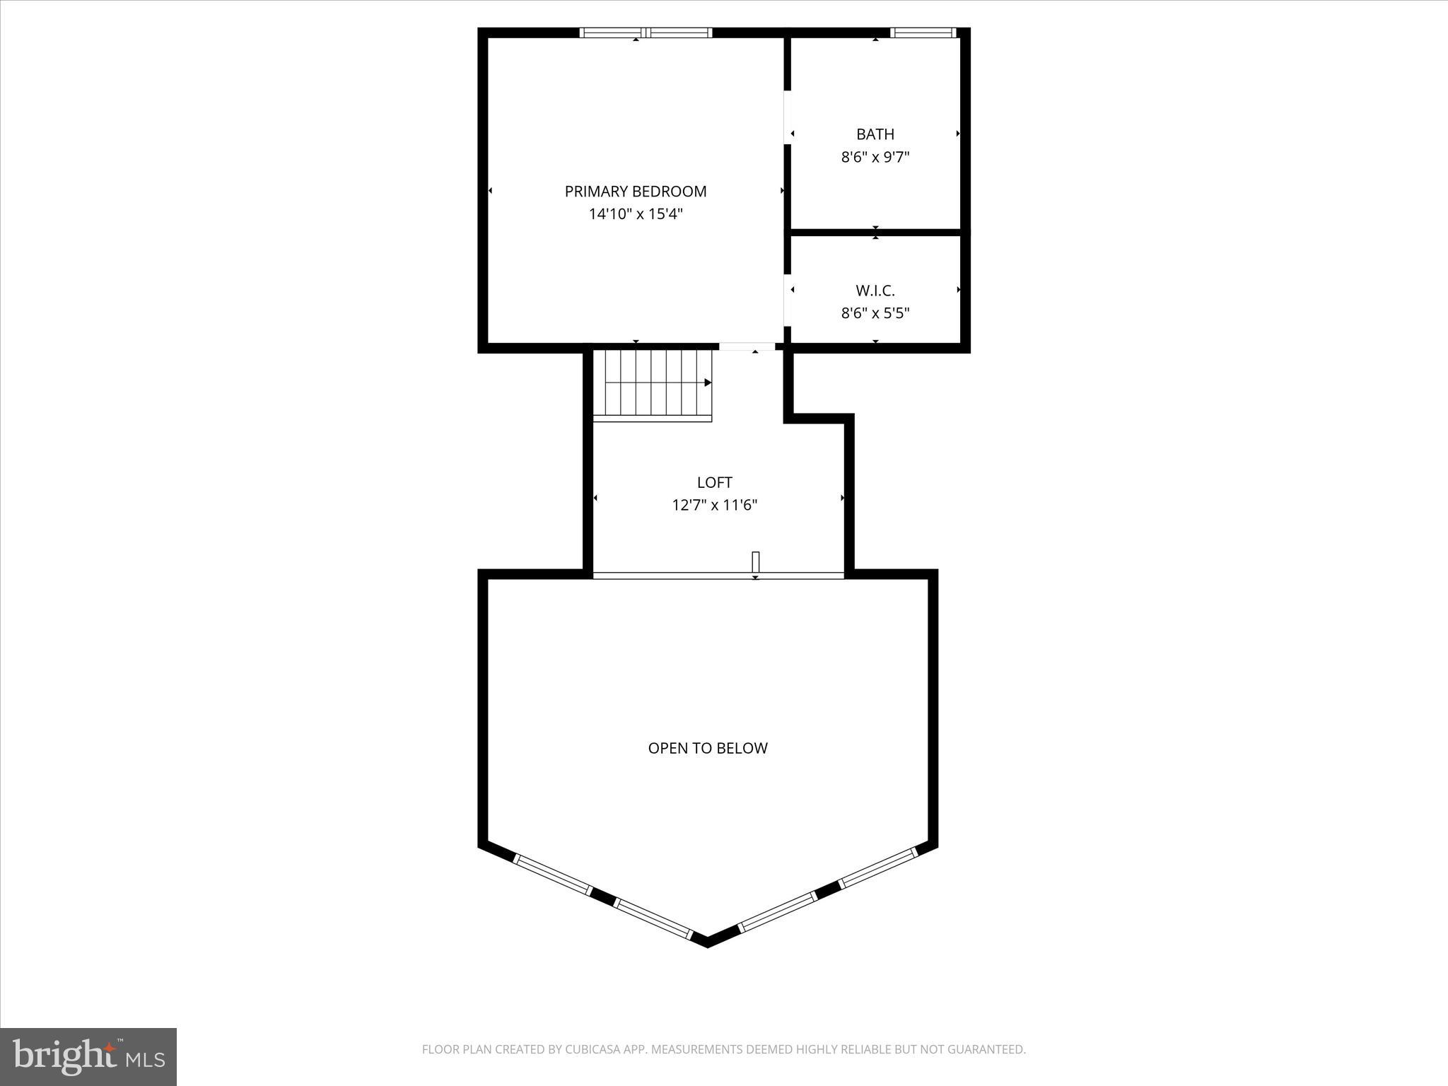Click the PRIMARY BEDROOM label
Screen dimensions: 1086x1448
pos(635,191)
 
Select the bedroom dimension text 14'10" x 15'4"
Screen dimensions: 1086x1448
pos(635,214)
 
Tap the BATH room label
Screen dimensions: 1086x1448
pos(875,134)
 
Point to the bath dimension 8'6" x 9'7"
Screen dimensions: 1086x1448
pos(875,157)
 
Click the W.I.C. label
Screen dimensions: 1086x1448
pos(875,290)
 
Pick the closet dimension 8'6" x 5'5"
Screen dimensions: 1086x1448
pos(875,313)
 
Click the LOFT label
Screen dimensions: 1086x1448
pos(714,482)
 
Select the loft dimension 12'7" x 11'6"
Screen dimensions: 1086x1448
pos(714,505)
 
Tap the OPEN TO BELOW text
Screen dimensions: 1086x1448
pos(707,748)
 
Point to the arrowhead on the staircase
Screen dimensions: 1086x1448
pos(708,383)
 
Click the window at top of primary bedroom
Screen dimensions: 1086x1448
pos(646,33)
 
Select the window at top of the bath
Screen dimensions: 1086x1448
pos(923,33)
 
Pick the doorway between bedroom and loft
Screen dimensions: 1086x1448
pos(747,346)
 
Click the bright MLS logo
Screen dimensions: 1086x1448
pos(88,1056)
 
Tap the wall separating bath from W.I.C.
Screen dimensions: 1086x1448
pos(875,232)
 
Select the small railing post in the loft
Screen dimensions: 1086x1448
pos(755,562)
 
